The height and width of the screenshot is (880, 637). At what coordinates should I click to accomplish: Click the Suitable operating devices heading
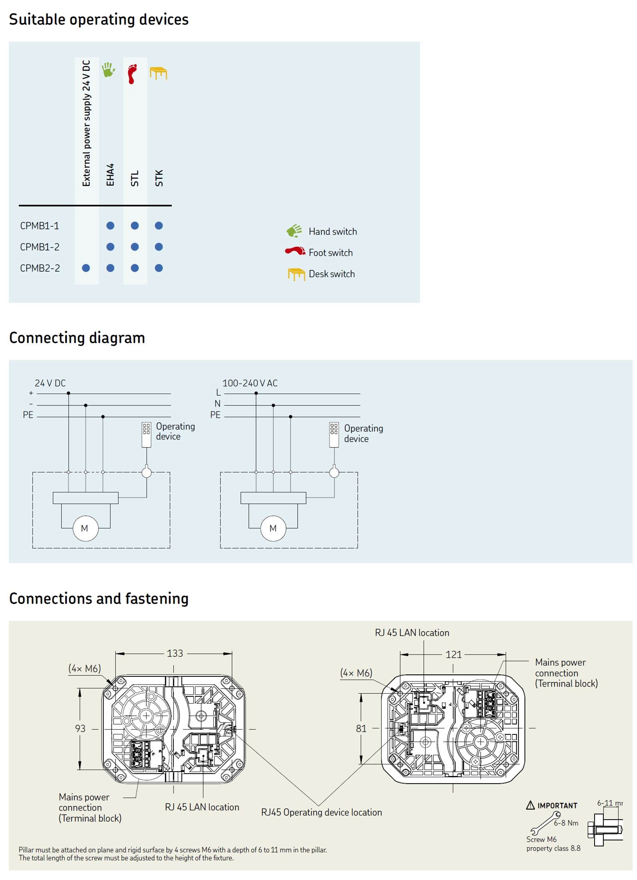98,20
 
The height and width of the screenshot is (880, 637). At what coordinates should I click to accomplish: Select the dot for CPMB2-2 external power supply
86,268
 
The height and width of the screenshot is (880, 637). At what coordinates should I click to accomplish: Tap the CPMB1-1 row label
40,226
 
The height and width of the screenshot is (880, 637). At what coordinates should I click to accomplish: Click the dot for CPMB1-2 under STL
135,247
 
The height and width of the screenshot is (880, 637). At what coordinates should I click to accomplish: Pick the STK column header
159,178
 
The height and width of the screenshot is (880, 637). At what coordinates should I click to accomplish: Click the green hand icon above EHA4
108,70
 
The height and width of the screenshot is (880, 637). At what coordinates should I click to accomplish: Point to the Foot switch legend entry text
331,253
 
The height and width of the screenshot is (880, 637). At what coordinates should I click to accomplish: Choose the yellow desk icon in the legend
296,274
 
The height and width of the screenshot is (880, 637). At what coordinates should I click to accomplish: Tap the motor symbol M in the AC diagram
273,528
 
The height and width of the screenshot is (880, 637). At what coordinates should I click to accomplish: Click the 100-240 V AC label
250,383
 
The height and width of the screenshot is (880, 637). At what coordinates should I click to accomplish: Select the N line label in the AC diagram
217,404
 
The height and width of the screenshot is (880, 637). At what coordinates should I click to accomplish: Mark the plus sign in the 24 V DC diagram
31,393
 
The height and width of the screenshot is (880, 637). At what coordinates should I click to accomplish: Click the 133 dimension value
175,654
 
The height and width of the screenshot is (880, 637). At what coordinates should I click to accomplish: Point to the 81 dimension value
361,728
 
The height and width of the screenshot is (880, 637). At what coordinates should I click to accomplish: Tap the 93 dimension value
80,728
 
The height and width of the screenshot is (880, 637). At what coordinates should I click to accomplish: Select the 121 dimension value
453,655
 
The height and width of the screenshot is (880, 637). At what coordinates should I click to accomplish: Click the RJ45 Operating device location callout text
321,812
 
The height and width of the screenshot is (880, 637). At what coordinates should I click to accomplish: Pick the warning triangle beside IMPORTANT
531,805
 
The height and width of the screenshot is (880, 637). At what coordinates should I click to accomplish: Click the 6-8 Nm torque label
566,823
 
